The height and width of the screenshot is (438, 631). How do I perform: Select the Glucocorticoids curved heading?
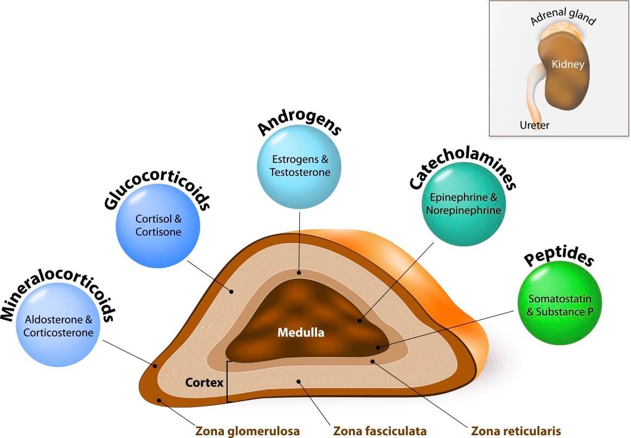[157, 195]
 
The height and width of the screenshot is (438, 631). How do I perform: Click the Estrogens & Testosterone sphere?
[299, 166]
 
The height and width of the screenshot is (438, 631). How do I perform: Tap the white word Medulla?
[301, 333]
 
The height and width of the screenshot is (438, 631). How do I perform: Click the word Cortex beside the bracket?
[204, 383]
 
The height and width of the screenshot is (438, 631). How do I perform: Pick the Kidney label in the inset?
[568, 65]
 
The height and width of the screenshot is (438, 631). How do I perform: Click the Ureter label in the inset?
[535, 125]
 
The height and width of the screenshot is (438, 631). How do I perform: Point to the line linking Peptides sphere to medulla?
[445, 329]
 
